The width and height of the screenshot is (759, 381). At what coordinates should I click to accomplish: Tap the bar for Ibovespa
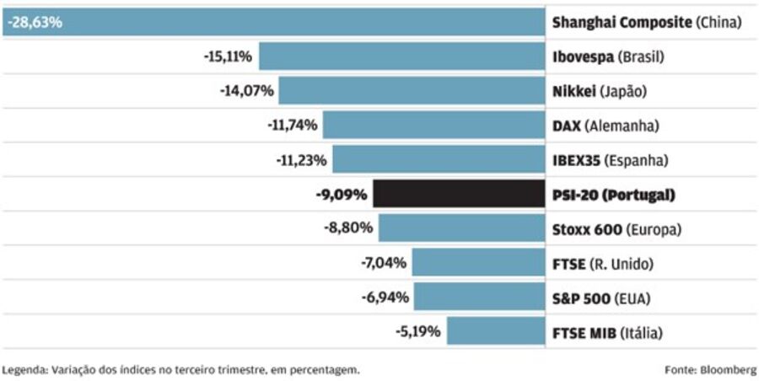pos(401,57)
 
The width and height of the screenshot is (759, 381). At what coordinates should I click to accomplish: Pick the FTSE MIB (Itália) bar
pos(495,331)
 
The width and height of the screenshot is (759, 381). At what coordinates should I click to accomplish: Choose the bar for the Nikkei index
pos(411,91)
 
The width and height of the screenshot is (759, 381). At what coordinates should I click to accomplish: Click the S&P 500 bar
pos(478,297)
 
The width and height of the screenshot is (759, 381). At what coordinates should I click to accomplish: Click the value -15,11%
pos(229,57)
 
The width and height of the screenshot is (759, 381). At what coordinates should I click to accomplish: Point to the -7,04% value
pos(383,263)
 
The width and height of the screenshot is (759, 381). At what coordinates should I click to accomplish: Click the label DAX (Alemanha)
pos(604,126)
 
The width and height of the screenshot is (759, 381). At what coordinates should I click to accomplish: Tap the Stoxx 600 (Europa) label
pos(616,229)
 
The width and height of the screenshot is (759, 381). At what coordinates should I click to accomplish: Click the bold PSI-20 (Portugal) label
pos(613,195)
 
